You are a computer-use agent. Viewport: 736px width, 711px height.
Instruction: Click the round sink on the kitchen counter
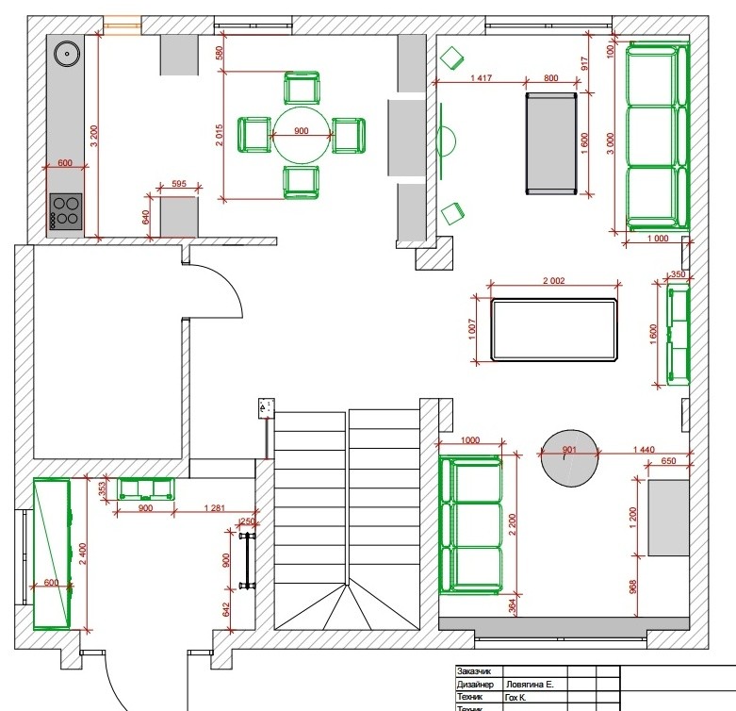(67, 55)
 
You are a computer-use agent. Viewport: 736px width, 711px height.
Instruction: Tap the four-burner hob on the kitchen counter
(65, 211)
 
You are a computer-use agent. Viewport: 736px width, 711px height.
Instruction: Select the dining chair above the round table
(301, 90)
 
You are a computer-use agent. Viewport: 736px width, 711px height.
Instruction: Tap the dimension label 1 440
(645, 450)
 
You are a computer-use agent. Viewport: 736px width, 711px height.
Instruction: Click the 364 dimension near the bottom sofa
(512, 604)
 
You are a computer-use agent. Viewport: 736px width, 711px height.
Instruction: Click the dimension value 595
(178, 185)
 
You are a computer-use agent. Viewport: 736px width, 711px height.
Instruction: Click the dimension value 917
(584, 64)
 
